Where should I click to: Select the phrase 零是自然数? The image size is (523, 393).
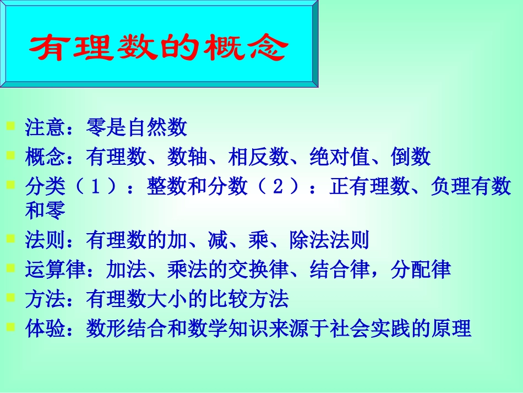tap(137, 128)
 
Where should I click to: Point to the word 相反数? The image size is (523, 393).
tap(259, 158)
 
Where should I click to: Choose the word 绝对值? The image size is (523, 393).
tap(340, 158)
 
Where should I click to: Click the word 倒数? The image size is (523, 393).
tap(411, 158)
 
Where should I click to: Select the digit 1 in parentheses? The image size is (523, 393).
tap(96, 187)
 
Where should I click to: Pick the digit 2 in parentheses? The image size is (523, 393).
tap(279, 187)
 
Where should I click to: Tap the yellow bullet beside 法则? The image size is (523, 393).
tap(10, 239)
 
